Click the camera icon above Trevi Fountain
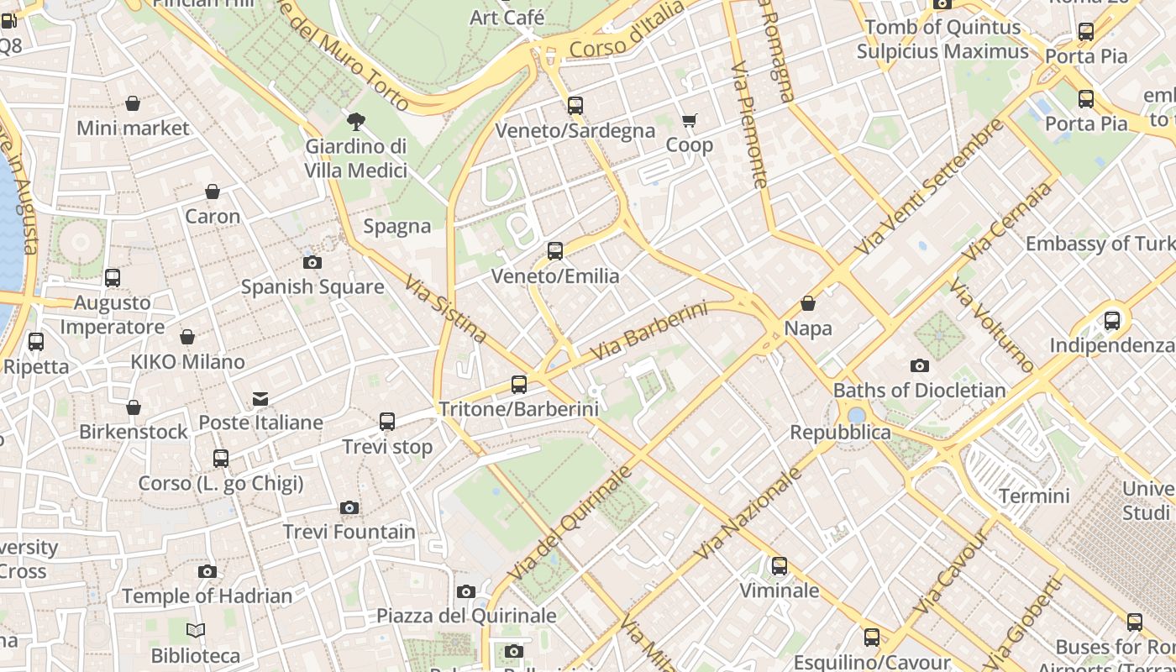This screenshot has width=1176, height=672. (349, 507)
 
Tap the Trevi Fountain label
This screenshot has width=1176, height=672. (349, 532)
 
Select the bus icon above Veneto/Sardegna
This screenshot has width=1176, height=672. (575, 106)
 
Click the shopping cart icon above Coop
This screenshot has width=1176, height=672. (690, 121)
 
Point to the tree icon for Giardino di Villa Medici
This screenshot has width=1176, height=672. (356, 122)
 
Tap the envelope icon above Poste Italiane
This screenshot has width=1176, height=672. (260, 398)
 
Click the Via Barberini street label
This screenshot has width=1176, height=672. (648, 331)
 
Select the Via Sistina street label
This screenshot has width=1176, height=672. (445, 307)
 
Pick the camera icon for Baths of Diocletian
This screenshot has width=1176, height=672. (920, 365)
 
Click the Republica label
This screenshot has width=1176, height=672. (840, 433)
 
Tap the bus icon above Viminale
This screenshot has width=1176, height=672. (780, 566)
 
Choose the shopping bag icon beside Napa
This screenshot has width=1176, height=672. (808, 303)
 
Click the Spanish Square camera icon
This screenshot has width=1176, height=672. (312, 262)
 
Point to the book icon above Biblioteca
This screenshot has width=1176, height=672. (196, 630)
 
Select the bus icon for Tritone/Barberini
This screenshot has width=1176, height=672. (519, 385)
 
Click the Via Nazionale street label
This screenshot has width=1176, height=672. (749, 514)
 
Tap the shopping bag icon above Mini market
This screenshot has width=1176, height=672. (133, 103)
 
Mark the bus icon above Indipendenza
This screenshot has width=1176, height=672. (1112, 320)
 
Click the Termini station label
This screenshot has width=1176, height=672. (1034, 496)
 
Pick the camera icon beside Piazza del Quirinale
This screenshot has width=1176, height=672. (466, 591)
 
